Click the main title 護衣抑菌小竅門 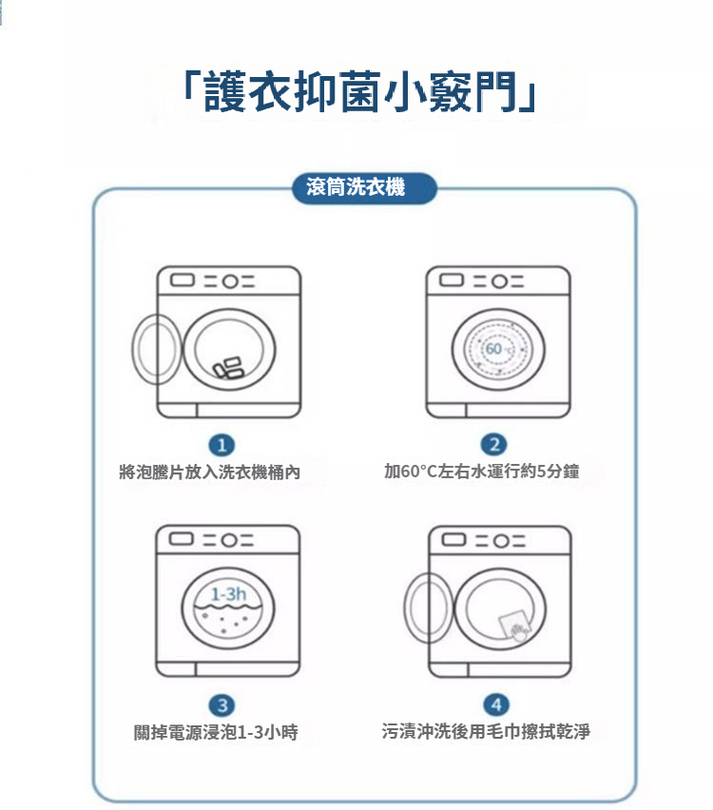tap(359, 91)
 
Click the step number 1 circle tap(222, 444)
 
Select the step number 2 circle tap(492, 444)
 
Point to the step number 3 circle tap(222, 704)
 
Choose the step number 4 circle tap(492, 704)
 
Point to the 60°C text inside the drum tap(498, 351)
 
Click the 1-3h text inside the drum tap(228, 594)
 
